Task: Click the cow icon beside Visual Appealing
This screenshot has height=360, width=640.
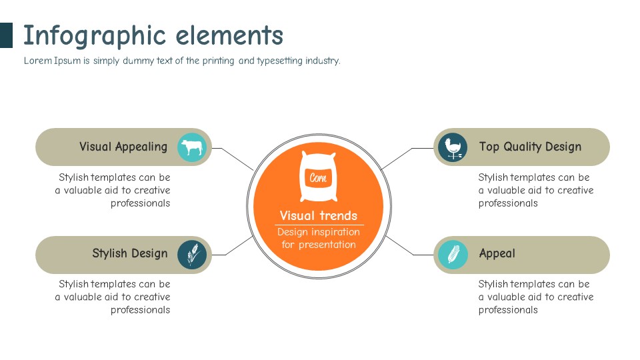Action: pyautogui.click(x=193, y=147)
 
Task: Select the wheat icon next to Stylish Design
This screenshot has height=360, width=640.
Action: pyautogui.click(x=193, y=255)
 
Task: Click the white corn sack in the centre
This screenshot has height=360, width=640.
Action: pyautogui.click(x=318, y=177)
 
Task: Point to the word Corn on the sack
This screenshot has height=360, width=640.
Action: pyautogui.click(x=318, y=178)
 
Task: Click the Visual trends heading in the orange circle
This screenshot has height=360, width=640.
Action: pyautogui.click(x=319, y=215)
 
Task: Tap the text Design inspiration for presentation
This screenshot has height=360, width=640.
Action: pyautogui.click(x=319, y=239)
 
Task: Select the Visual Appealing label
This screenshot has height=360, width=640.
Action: pyautogui.click(x=123, y=147)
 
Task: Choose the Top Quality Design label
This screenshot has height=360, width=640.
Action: pyautogui.click(x=530, y=147)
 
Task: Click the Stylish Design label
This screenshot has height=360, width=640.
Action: pyautogui.click(x=130, y=253)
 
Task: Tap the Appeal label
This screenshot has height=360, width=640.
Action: pyautogui.click(x=497, y=253)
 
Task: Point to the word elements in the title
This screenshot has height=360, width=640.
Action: pyautogui.click(x=229, y=35)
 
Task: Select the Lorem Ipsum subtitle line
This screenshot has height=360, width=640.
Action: pyautogui.click(x=182, y=61)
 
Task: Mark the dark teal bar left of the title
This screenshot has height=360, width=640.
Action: pyautogui.click(x=6, y=35)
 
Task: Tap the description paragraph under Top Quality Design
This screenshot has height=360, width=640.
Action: pyautogui.click(x=535, y=190)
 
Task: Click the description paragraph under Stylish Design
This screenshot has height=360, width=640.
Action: pyautogui.click(x=113, y=297)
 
